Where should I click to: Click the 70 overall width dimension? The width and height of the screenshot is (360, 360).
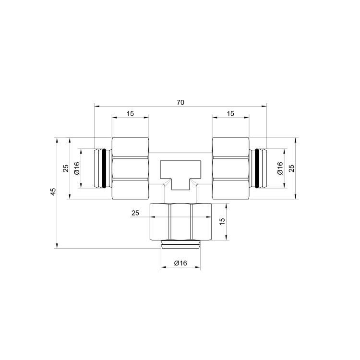click(x=180, y=102)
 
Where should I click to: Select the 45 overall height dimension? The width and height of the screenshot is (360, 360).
click(x=53, y=192)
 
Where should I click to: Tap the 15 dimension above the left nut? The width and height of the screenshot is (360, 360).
click(x=130, y=113)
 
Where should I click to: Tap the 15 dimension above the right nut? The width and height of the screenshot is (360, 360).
click(x=230, y=113)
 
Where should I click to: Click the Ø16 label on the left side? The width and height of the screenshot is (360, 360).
click(x=77, y=168)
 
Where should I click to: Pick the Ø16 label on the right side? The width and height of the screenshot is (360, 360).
click(x=280, y=168)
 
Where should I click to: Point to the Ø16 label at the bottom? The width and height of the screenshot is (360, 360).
click(x=180, y=263)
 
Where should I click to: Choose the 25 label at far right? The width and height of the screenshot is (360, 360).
click(x=291, y=168)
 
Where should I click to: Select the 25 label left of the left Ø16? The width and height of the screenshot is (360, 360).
click(x=66, y=168)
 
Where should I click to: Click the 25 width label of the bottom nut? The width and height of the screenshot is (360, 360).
click(x=135, y=213)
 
